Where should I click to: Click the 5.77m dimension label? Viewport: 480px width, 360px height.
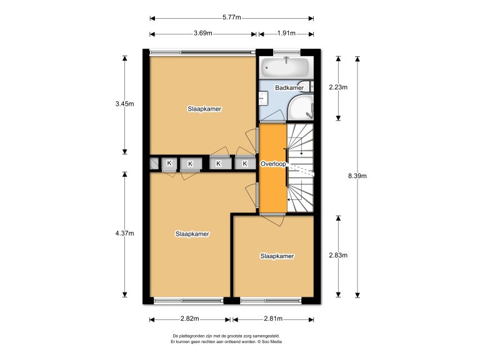pyautogui.click(x=231, y=17)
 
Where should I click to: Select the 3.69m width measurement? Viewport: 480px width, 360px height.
pyautogui.click(x=202, y=34)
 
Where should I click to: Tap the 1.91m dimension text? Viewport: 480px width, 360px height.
pyautogui.click(x=286, y=34)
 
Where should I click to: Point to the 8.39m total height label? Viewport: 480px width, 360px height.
pyautogui.click(x=357, y=176)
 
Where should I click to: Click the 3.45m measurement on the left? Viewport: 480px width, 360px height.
pyautogui.click(x=124, y=104)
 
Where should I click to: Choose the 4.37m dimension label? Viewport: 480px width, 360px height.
pyautogui.click(x=124, y=234)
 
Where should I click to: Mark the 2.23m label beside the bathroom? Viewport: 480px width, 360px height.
pyautogui.click(x=338, y=87)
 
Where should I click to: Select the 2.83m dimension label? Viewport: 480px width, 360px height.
pyautogui.click(x=338, y=256)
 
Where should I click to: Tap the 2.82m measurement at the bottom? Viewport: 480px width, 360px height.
pyautogui.click(x=190, y=319)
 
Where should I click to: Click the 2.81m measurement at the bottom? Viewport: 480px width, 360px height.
pyautogui.click(x=273, y=319)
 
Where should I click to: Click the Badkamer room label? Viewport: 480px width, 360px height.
pyautogui.click(x=289, y=88)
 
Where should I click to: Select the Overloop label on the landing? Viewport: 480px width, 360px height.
pyautogui.click(x=273, y=164)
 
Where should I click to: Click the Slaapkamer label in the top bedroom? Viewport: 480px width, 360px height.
pyautogui.click(x=204, y=109)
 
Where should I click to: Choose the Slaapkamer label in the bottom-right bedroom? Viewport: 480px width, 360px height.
pyautogui.click(x=277, y=256)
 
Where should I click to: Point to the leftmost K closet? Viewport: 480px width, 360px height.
pyautogui.click(x=169, y=164)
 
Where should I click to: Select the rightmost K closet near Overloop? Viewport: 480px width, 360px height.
pyautogui.click(x=245, y=164)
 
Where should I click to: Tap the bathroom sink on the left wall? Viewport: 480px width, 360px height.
pyautogui.click(x=263, y=98)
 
